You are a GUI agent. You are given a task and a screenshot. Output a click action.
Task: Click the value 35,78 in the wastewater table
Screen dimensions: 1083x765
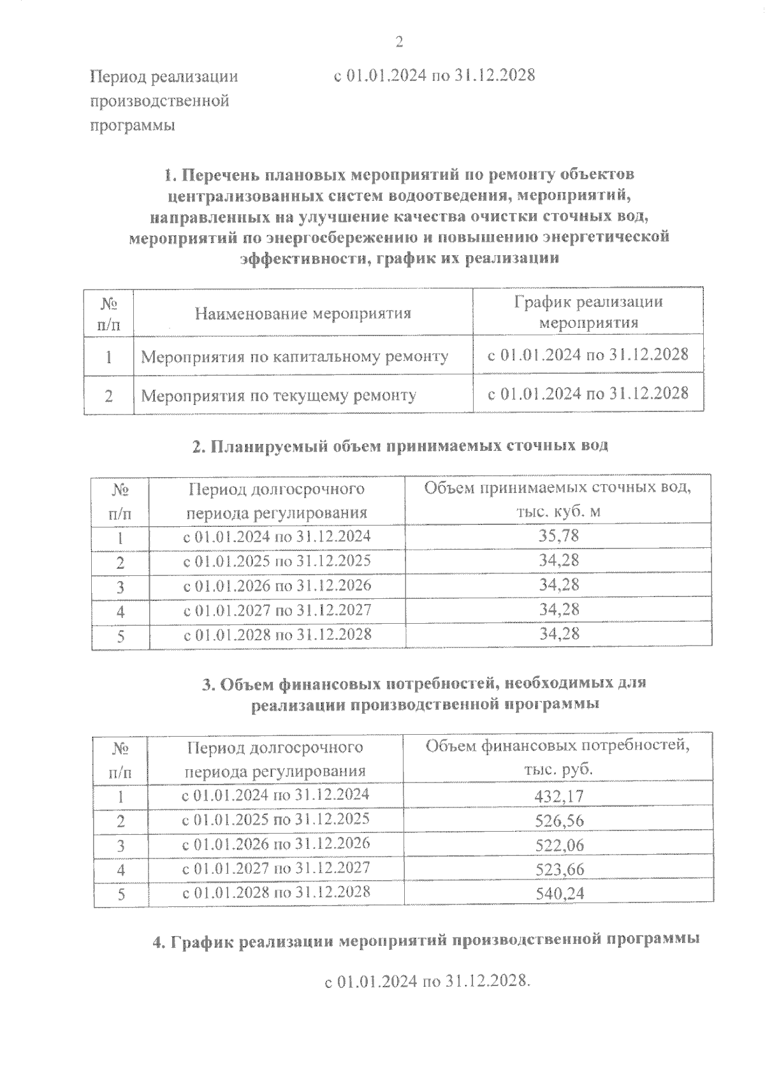[x=558, y=535]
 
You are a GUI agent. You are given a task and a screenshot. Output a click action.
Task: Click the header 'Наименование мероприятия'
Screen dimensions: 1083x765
[x=303, y=313]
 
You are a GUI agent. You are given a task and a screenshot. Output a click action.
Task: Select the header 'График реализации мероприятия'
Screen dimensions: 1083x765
[x=588, y=312]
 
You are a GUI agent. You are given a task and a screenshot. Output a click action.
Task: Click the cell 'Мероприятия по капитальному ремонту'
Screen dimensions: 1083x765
[x=295, y=356]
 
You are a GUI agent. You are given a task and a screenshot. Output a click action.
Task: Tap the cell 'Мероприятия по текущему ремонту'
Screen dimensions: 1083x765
[x=278, y=395]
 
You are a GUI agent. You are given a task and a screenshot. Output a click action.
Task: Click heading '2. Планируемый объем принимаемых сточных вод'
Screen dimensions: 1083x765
[x=400, y=445]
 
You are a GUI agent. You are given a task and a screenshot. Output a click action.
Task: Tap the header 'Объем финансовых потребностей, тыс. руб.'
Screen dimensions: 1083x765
[x=558, y=756]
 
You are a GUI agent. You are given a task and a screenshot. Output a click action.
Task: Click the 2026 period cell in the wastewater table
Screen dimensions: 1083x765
[x=277, y=585]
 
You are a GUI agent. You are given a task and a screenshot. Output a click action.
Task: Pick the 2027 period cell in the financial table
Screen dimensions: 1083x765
[x=275, y=868]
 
